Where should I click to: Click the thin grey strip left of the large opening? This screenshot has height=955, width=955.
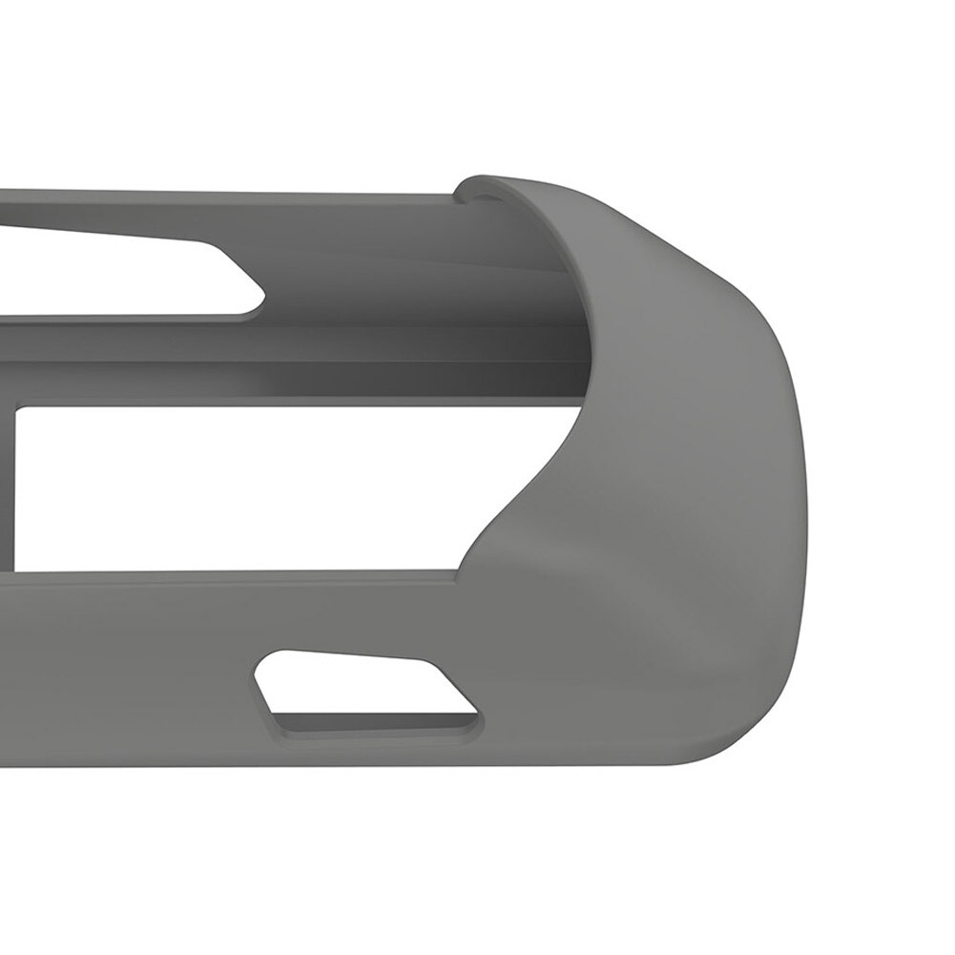pyautogui.click(x=8, y=487)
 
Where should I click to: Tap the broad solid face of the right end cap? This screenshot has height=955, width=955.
pyautogui.click(x=668, y=477)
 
